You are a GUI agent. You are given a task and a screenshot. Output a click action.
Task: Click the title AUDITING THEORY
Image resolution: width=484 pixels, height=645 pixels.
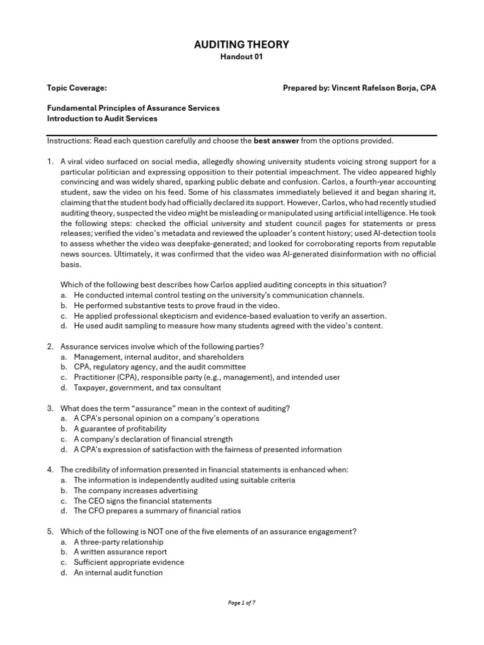pos(241,44)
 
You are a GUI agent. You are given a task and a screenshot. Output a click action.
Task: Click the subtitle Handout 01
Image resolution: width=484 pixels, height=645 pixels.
pos(241,57)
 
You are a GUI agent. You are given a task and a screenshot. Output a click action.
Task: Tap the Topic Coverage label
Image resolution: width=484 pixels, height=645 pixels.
pos(72,88)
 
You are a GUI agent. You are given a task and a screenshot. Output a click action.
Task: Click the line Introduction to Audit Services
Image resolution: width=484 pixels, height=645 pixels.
pos(102,118)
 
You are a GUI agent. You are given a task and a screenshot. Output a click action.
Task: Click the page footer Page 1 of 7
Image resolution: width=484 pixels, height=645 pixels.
pos(241,603)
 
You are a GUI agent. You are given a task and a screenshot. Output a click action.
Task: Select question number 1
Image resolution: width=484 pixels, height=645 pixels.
pos(50,162)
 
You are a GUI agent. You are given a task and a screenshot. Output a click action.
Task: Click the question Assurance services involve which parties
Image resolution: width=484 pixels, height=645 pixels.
pos(163,346)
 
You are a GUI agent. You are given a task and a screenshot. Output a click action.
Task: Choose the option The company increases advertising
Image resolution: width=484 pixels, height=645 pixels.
pos(135,490)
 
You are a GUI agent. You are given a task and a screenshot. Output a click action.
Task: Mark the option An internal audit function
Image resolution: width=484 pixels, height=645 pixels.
pos(118,573)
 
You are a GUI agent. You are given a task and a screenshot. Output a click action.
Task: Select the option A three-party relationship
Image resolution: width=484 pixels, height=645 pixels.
pos(118,542)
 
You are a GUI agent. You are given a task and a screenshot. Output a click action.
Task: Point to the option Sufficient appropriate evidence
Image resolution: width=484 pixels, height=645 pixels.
pos(129,562)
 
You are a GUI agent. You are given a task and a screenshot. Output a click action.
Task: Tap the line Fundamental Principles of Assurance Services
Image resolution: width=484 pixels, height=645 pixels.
pos(134,108)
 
